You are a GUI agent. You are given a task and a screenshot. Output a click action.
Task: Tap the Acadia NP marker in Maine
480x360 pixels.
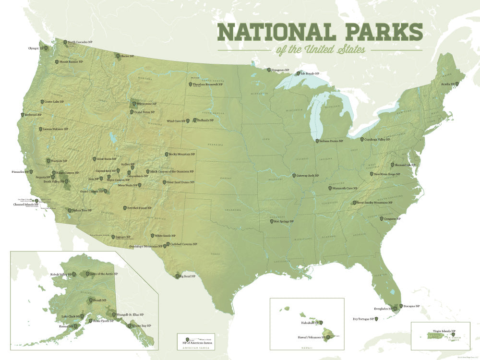click(457, 84)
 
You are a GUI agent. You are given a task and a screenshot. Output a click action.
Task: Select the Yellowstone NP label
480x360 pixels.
click(147, 104)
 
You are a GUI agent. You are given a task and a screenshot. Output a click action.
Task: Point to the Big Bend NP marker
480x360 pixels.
click(177, 276)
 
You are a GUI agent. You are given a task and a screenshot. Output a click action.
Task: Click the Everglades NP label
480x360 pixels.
click(383, 309)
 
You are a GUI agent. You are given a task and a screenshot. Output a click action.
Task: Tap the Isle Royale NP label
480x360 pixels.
click(310, 73)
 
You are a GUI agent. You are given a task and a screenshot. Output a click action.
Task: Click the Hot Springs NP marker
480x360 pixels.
click(272, 221)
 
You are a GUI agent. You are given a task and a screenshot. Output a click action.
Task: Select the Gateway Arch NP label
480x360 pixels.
click(308, 176)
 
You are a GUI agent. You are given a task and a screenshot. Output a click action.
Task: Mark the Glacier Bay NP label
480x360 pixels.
click(142, 325)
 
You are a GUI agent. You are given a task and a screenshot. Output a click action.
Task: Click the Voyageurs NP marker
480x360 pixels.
click(269, 70)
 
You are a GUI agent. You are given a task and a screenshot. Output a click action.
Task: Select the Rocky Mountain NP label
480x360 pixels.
click(182, 155)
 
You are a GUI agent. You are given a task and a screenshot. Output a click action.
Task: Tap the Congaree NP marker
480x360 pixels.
click(381, 219)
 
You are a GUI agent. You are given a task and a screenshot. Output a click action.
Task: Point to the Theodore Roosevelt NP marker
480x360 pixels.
click(190, 84)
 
